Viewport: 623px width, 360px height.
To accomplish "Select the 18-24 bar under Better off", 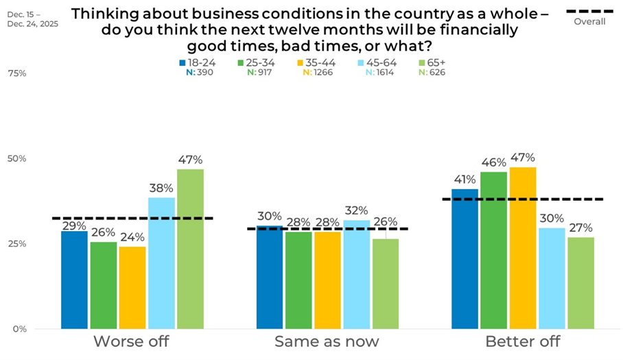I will click(x=465, y=259).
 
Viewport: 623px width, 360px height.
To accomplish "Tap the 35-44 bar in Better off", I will click(x=523, y=248).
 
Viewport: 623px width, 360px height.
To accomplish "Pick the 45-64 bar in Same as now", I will click(x=356, y=274).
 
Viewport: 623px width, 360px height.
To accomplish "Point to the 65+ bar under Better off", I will click(x=580, y=283).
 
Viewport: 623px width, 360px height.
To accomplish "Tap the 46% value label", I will click(x=493, y=163).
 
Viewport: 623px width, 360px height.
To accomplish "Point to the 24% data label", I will click(x=132, y=237).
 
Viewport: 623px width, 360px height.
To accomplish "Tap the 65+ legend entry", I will click(x=432, y=62).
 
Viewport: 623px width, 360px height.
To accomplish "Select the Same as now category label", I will click(x=327, y=341).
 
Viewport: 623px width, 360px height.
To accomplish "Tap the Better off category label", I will click(x=522, y=341).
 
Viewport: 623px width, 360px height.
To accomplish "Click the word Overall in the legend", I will click(x=589, y=21).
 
